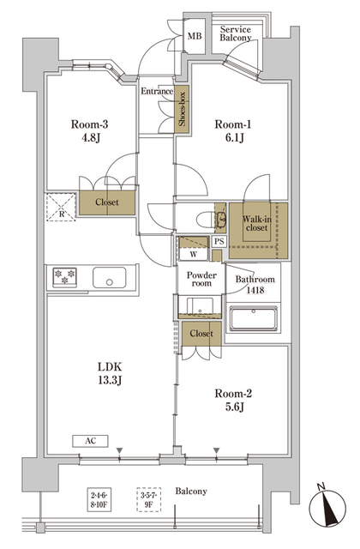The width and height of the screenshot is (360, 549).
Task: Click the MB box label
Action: coord(195,36)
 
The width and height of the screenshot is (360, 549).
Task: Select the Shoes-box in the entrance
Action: coord(183,107)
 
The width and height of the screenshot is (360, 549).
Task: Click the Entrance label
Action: coord(157,92)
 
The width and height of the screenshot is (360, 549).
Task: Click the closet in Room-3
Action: coord(107,202)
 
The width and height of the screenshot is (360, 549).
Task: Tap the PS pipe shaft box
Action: coord(219,242)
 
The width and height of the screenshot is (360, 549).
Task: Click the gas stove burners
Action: coord(65,278)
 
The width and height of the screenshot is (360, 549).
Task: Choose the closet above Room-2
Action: coord(201,333)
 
